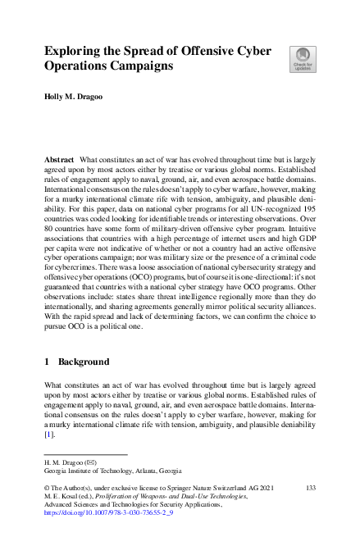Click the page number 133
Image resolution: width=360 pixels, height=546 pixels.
coord(310,487)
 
